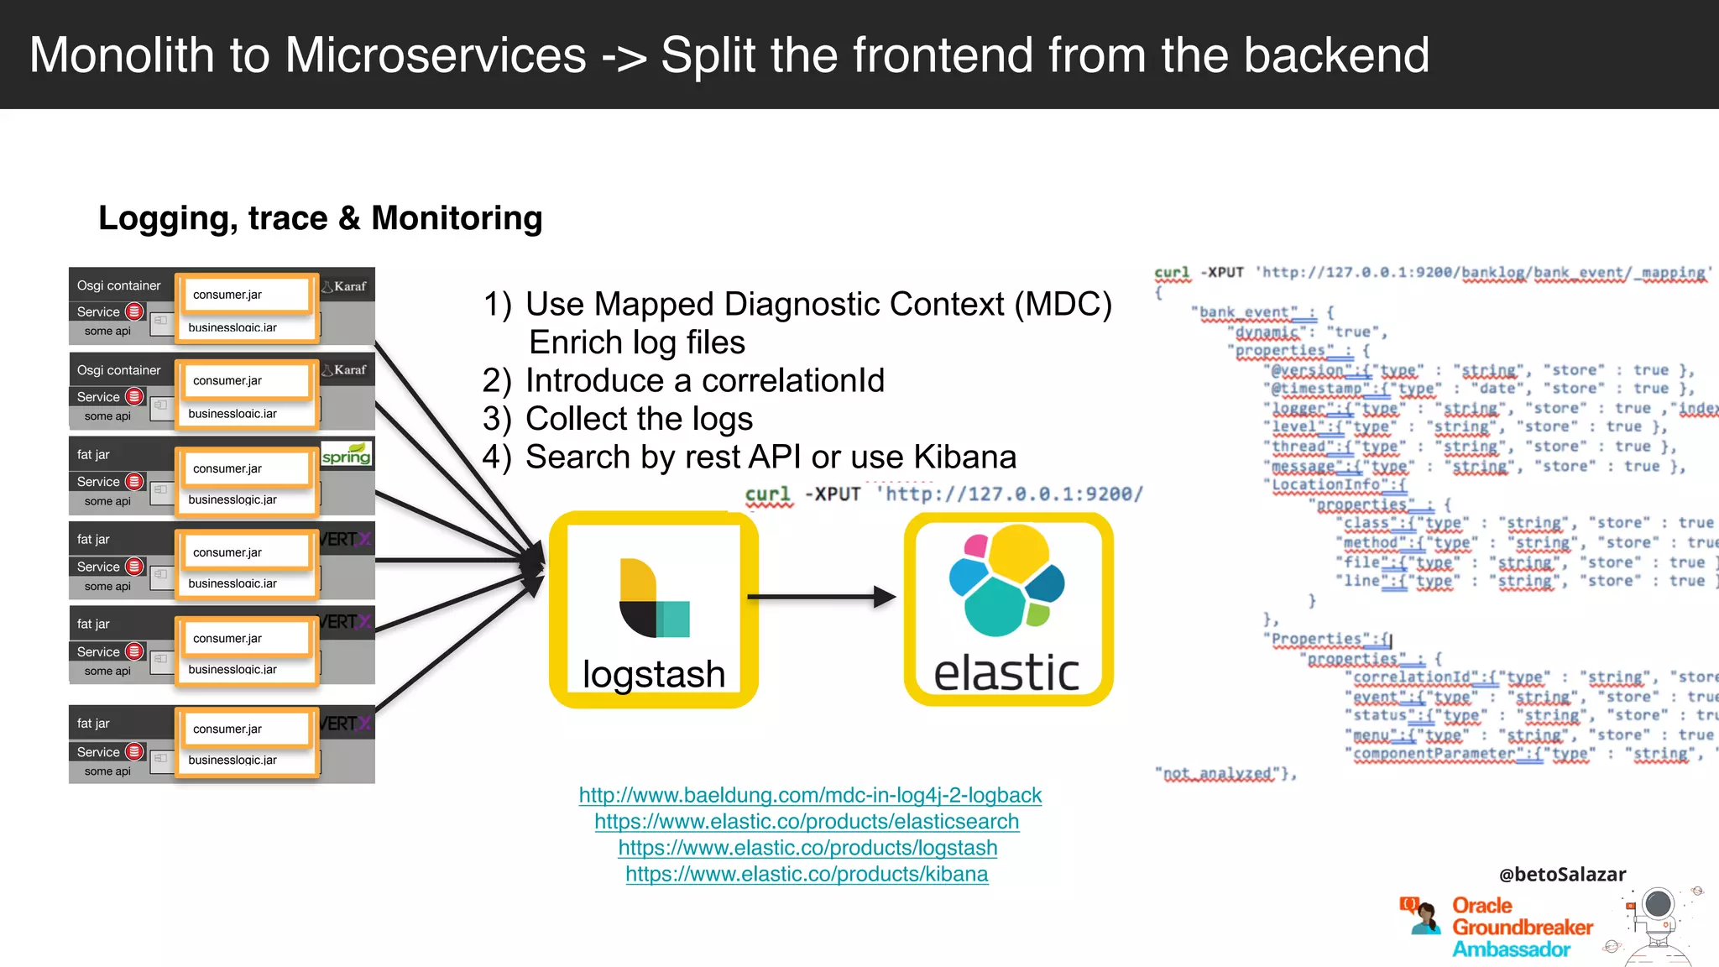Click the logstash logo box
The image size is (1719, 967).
(653, 609)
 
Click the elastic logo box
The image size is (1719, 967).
(1008, 609)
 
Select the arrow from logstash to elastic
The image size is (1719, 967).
(821, 597)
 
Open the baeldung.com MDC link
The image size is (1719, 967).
(810, 795)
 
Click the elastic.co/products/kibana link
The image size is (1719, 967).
(807, 874)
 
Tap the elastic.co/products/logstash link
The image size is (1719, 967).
(807, 848)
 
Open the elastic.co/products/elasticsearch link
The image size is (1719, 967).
(807, 821)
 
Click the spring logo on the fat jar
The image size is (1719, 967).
(346, 455)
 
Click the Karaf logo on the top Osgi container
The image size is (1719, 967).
(345, 286)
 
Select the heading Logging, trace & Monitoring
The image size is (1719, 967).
(321, 218)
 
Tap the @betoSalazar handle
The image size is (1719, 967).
(1562, 874)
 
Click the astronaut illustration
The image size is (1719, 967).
(1658, 923)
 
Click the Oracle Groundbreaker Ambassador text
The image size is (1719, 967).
(1521, 928)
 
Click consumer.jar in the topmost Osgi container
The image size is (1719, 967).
(227, 295)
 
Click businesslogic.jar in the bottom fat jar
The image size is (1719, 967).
(233, 760)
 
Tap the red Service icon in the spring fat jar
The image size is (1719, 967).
(134, 481)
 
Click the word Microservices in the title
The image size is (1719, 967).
(435, 55)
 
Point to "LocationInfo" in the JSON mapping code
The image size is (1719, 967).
(1325, 485)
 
